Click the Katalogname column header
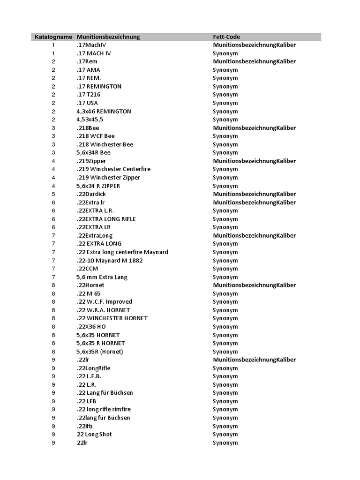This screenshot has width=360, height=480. (53, 37)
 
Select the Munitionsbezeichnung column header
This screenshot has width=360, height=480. (108, 37)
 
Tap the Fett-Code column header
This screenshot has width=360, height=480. (226, 37)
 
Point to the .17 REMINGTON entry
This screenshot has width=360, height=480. (99, 86)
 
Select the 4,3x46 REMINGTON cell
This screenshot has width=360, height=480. (104, 111)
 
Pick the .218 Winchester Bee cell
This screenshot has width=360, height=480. (105, 144)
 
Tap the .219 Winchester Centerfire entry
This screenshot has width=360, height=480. (113, 169)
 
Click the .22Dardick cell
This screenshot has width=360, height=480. (92, 194)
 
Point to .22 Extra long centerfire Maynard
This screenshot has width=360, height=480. (122, 252)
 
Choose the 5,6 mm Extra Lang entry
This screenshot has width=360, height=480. (102, 277)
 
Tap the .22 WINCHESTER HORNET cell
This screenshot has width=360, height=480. (112, 318)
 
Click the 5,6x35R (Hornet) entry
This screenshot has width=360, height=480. (100, 352)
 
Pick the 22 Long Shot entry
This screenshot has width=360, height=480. (94, 434)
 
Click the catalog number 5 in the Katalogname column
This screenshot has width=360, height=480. (53, 194)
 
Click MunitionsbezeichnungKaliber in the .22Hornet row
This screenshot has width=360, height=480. (254, 285)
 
